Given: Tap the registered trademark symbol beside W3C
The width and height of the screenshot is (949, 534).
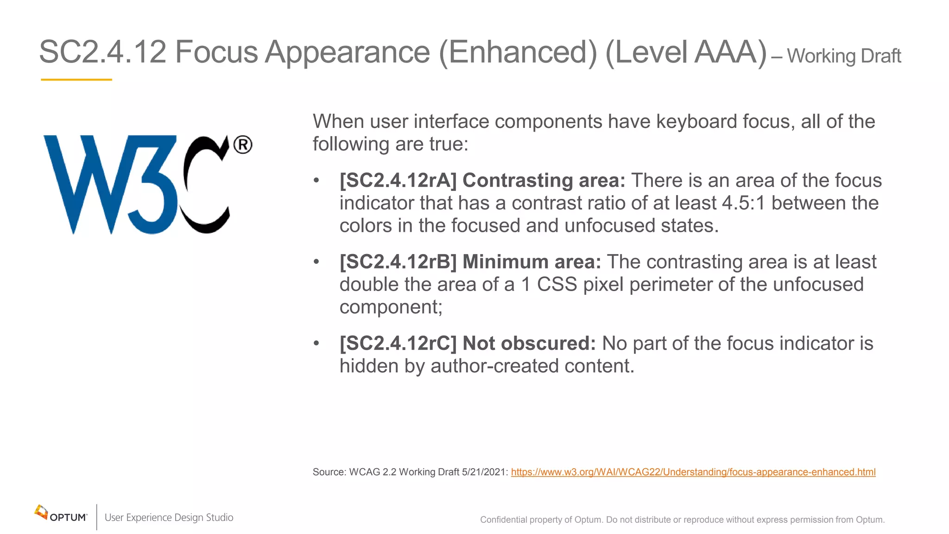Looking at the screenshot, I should click(x=243, y=145).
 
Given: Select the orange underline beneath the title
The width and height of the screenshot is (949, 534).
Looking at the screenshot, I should click(x=76, y=80).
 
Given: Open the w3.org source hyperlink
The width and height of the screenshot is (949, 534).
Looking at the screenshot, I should click(x=693, y=472).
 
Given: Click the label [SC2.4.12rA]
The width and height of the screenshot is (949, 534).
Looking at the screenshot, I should click(x=398, y=180).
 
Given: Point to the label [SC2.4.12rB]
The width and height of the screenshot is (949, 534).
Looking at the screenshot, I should click(x=398, y=262).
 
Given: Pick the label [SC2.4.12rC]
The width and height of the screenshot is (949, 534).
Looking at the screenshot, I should click(x=398, y=343).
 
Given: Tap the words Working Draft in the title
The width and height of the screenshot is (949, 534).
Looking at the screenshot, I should click(x=844, y=56).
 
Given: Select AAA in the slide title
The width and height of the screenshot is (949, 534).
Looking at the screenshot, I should click(x=726, y=52).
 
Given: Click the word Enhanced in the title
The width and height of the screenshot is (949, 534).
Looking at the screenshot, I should click(x=518, y=52).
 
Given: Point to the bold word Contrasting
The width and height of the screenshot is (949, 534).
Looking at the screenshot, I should click(x=518, y=180).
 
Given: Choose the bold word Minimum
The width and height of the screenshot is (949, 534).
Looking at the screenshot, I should click(x=506, y=262).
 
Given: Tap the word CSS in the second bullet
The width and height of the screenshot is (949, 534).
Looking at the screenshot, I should click(x=557, y=285).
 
